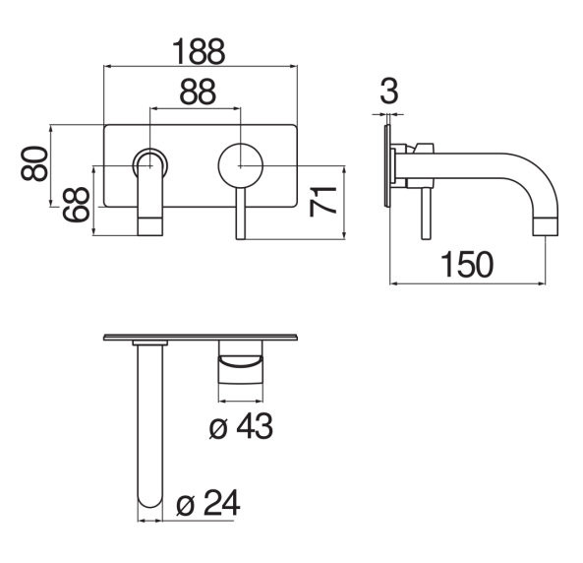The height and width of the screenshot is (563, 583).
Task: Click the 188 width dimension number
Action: coord(199,51)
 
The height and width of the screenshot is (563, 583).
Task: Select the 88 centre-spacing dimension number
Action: coord(198,92)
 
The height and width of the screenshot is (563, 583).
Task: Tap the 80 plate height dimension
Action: coord(34,163)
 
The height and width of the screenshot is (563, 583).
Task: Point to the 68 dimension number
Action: coord(77,205)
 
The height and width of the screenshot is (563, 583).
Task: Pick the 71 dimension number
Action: coord(322,202)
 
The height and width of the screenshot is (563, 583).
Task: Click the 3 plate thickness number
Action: coord(389,91)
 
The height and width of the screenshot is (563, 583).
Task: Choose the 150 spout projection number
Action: coord(467,265)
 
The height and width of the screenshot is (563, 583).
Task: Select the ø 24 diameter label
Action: coord(208,503)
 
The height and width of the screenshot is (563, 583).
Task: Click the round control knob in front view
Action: coord(241,165)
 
